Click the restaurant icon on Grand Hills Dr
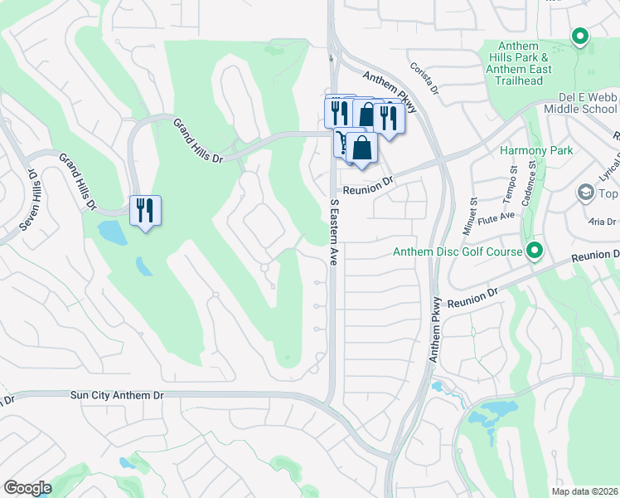pos(146,211)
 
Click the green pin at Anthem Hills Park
pos(580,36)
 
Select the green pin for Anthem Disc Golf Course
pos(535,250)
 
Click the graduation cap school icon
pos(585,193)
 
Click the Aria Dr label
pos(602,222)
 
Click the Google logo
pos(27,487)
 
